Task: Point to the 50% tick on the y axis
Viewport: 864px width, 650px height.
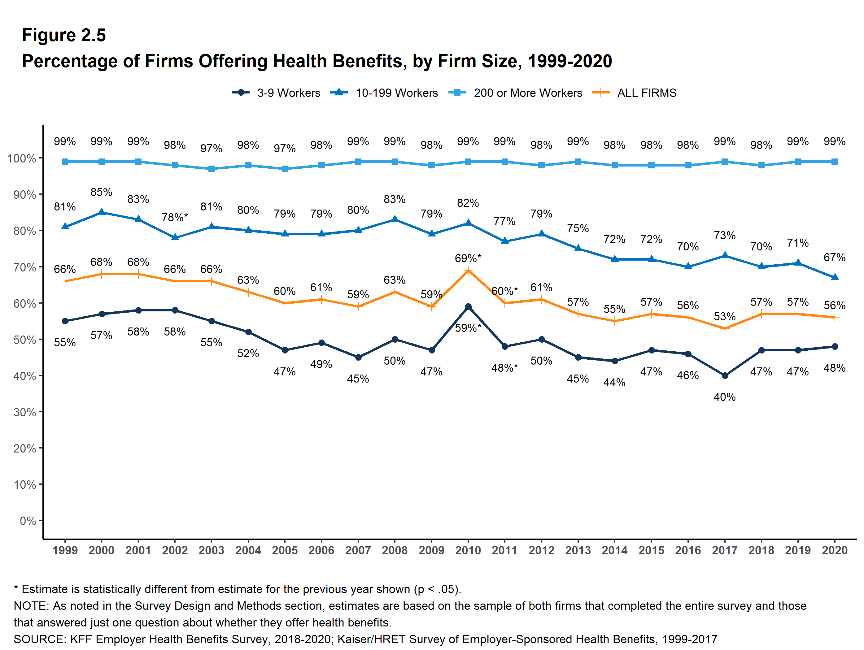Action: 25,340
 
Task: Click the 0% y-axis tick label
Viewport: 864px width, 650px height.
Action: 28,521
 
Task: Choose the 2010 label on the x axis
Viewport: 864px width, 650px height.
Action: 468,550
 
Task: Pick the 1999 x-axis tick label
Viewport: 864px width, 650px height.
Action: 65,550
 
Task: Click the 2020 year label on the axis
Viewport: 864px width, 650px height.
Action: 835,550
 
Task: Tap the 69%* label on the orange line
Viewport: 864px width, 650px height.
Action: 468,258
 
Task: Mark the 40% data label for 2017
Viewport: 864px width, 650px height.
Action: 725,397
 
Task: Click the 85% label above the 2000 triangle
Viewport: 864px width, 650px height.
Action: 101,192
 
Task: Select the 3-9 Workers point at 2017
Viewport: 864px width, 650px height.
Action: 725,375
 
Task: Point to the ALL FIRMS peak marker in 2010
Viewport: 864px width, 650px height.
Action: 468,271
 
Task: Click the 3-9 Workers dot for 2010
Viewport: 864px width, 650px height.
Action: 468,307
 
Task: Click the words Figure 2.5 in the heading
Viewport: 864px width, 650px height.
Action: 64,35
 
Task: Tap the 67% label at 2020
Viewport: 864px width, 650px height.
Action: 834,257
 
